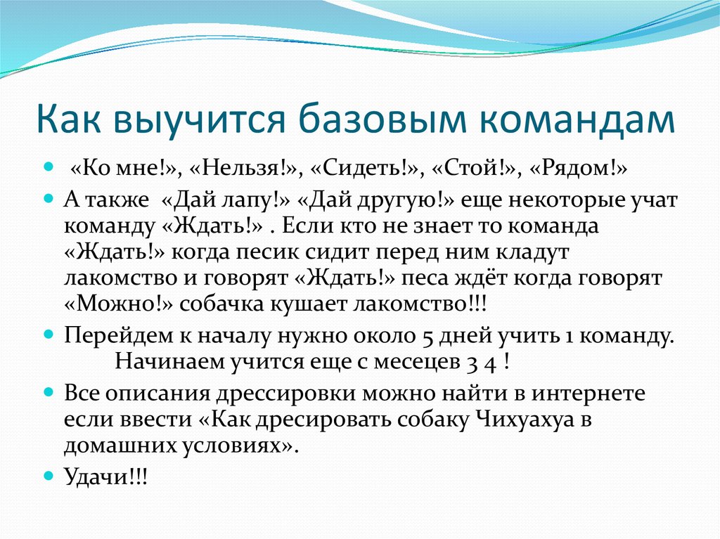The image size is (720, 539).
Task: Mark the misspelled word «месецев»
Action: tap(437, 362)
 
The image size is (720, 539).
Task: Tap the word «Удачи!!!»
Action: tap(106, 476)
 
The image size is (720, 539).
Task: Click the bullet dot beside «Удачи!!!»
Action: tap(49, 475)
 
